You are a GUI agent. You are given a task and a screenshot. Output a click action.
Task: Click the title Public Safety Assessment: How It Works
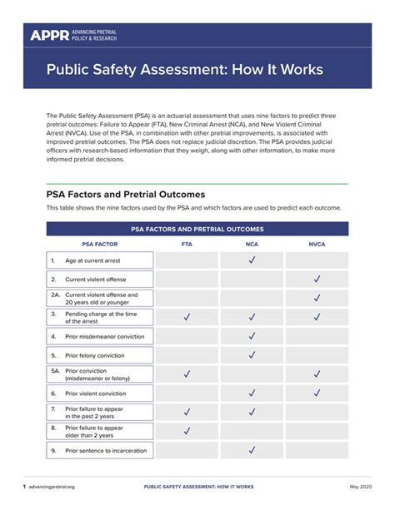(184, 69)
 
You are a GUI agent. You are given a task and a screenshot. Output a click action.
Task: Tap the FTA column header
(187, 245)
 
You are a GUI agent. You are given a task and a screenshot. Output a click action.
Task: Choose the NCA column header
(252, 245)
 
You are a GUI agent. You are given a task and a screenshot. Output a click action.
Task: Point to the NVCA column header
(317, 245)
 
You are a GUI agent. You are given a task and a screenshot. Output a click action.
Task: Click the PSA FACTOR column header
(99, 245)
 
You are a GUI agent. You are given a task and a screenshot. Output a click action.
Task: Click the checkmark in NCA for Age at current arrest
(252, 260)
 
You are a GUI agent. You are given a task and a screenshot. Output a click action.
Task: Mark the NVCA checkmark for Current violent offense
(317, 280)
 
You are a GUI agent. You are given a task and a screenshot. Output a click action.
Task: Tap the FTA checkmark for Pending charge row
(187, 317)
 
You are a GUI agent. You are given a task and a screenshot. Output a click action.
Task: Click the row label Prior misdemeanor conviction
(104, 337)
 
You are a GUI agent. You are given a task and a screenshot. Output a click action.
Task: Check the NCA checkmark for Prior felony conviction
(252, 355)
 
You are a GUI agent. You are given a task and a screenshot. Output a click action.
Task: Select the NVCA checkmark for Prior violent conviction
(317, 394)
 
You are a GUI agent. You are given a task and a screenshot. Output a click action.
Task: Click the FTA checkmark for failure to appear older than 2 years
(187, 431)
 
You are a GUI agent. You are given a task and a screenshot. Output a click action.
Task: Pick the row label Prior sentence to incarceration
(106, 450)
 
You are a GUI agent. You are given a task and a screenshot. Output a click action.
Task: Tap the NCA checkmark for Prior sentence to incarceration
(252, 450)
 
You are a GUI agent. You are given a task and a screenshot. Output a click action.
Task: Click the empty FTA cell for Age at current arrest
(187, 260)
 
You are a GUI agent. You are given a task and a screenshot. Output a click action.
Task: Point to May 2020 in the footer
(361, 486)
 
